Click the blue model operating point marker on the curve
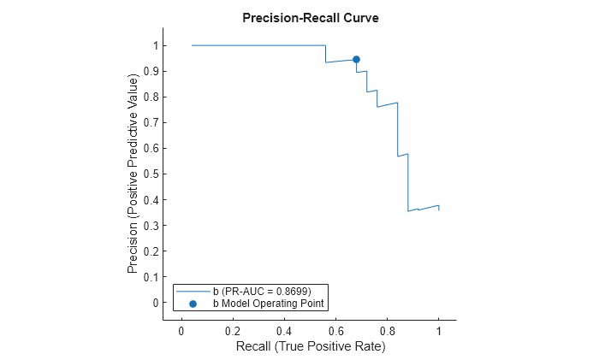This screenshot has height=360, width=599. (x=356, y=60)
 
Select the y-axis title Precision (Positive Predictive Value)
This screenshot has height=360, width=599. (x=133, y=174)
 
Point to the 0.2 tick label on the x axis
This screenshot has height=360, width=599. (x=233, y=331)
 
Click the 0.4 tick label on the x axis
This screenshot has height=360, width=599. (x=284, y=331)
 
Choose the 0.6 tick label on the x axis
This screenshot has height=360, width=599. (x=335, y=331)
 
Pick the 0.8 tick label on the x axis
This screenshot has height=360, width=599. (x=387, y=331)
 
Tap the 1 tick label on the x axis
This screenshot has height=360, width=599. (x=438, y=331)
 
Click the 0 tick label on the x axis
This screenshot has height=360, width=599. (x=181, y=331)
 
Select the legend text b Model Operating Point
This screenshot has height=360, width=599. (x=270, y=303)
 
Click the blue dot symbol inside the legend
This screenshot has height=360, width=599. (x=193, y=303)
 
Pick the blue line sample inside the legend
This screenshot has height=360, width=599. (x=193, y=292)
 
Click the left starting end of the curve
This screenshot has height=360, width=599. (x=193, y=45)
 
